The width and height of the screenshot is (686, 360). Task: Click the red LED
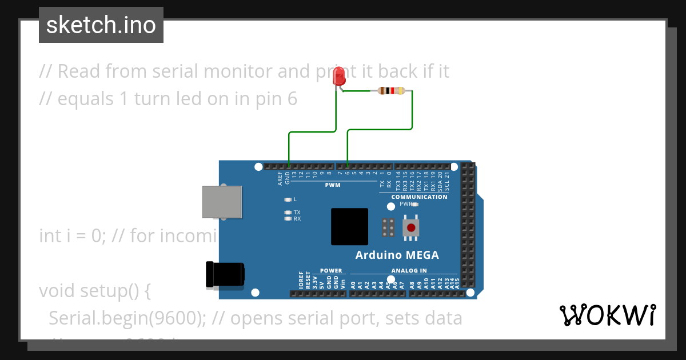coord(339,77)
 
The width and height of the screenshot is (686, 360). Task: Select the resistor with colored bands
coord(392,91)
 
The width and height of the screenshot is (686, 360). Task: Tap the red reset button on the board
coord(410,228)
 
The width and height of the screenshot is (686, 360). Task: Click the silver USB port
coord(221,202)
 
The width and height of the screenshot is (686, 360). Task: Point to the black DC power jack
coord(225,274)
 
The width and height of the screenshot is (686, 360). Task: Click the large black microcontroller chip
coord(349,227)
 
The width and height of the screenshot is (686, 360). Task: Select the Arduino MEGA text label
coord(397,255)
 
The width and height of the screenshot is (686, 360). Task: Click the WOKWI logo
coord(607,315)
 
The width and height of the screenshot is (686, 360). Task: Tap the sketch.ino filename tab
coord(101,25)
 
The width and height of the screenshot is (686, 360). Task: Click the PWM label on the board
coord(333,185)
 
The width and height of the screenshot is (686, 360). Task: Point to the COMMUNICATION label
coord(419,197)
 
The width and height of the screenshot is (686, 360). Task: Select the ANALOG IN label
coord(409,271)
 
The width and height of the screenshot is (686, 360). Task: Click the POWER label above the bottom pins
coord(331,271)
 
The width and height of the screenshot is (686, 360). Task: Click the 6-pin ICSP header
coord(388,228)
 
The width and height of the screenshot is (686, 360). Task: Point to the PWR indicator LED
coord(415,204)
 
